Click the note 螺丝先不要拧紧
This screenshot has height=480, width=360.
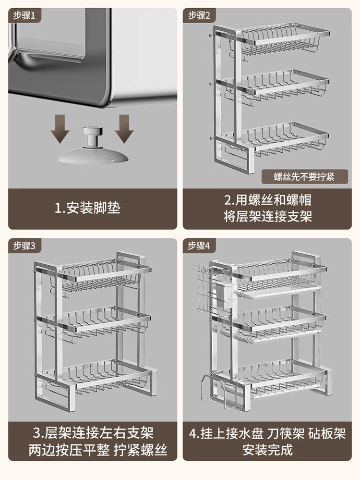pos(304,176)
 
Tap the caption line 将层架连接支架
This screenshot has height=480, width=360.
pos(267,216)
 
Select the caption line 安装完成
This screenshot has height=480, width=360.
pos(267,450)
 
